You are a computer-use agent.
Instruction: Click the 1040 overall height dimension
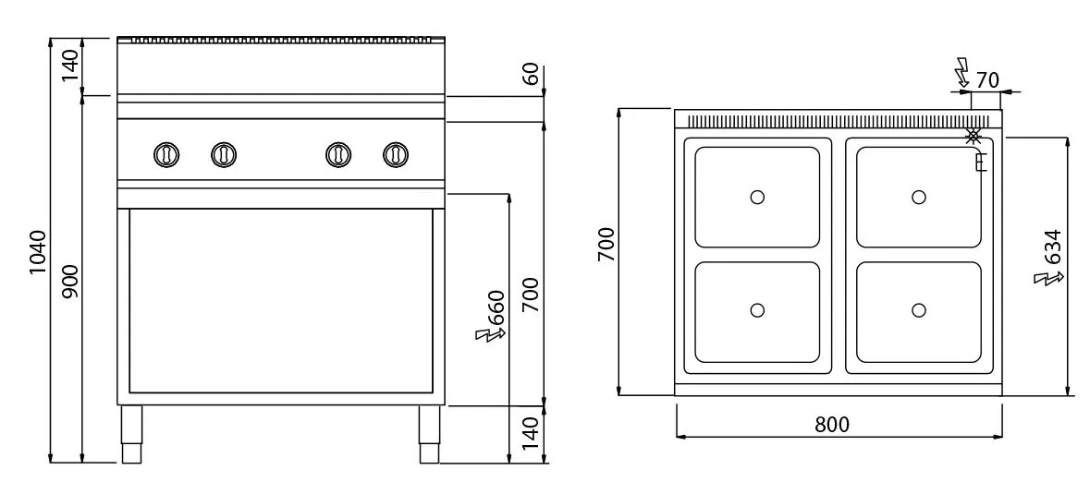[38, 252]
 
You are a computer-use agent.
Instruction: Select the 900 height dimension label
[70, 281]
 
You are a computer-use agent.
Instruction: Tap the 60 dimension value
[531, 74]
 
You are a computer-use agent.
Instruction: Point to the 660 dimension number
[496, 309]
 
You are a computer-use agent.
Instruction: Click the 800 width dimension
[832, 424]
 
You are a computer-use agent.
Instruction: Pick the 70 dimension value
[987, 80]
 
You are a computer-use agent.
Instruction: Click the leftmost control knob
[166, 154]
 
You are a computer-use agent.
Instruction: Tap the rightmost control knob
[396, 154]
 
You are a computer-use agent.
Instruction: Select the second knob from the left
[224, 154]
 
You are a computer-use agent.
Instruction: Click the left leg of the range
[131, 434]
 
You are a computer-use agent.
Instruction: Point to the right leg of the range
[429, 434]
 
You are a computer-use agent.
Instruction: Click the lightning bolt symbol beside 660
[490, 335]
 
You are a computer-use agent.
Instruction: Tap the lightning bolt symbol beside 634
[1049, 278]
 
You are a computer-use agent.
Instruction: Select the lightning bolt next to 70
[962, 72]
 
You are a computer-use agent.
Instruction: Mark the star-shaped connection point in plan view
[974, 136]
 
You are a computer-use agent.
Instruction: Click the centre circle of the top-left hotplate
[758, 197]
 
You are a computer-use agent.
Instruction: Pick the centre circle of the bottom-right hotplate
[919, 310]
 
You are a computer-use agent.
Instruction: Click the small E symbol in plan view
[982, 163]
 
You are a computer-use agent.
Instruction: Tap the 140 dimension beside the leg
[531, 434]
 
